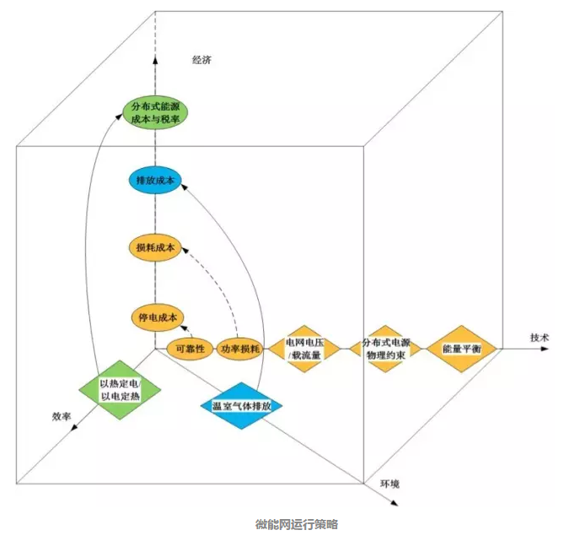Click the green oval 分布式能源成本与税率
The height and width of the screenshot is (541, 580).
[156, 115]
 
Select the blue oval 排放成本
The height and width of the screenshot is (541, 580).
[155, 180]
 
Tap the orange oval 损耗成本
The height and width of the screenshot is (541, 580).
[156, 247]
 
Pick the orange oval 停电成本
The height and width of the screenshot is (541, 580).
[156, 316]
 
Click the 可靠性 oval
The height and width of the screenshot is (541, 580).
[190, 348]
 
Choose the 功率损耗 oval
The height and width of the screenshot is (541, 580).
[239, 348]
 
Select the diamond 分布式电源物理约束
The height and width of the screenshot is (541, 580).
[384, 349]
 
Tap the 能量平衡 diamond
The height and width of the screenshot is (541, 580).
[461, 348]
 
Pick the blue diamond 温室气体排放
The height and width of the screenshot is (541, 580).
[242, 406]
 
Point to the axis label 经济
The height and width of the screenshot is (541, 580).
[203, 60]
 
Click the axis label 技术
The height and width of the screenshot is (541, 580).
[540, 338]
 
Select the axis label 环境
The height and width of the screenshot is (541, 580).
[389, 484]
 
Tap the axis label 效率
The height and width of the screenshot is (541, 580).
[61, 416]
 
